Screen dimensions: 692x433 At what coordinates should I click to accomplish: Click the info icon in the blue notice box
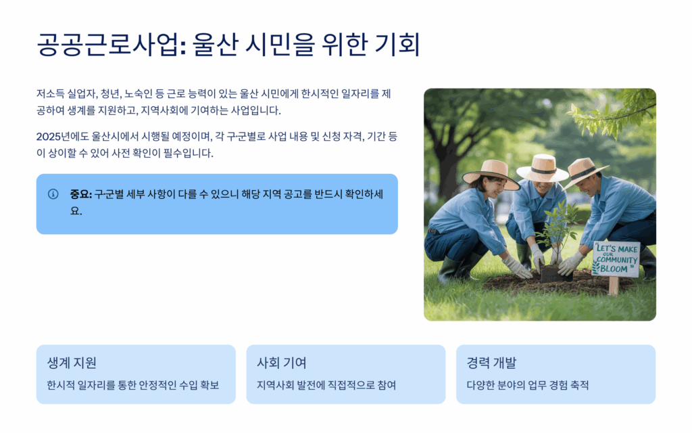[53, 194]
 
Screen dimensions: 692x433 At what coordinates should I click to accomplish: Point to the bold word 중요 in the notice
[80, 194]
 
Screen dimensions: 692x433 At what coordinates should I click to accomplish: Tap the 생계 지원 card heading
[72, 363]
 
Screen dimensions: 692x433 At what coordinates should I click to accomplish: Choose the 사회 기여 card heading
[282, 363]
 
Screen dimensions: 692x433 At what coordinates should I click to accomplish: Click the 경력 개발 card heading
[491, 363]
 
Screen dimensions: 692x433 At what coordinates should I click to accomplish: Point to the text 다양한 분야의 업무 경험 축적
[528, 385]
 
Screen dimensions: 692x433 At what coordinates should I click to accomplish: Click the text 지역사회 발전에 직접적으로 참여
[326, 385]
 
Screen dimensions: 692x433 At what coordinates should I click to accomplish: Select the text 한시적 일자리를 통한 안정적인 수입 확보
[133, 385]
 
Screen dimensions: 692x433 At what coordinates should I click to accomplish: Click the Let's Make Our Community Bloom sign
[616, 259]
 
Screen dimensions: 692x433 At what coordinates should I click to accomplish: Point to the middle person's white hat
[543, 168]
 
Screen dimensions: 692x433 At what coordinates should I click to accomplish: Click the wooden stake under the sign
[614, 286]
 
